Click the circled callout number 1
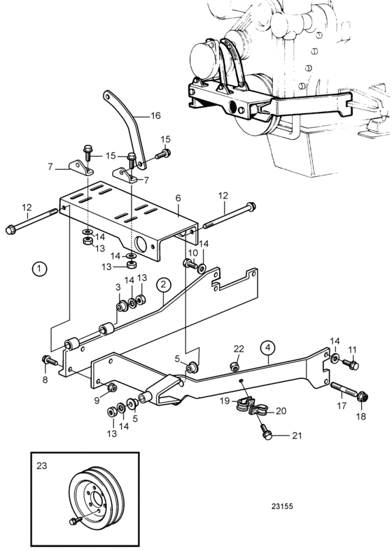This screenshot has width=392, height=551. click(39, 269)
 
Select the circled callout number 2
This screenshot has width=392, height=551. click(164, 285)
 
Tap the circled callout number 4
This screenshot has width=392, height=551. click(268, 348)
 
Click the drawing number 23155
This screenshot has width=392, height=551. click(282, 506)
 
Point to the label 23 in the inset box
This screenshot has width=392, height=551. click(41, 466)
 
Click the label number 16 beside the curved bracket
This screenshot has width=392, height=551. click(155, 115)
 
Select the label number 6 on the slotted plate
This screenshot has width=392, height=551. click(178, 198)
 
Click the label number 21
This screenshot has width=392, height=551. click(297, 436)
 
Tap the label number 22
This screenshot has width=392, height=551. click(239, 349)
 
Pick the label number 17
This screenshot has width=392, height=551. click(342, 406)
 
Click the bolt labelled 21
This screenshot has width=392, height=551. click(266, 432)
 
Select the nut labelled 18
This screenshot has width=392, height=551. click(362, 397)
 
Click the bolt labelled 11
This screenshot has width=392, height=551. click(351, 364)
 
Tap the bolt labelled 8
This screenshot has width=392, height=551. click(50, 360)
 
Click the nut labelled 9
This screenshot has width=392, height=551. click(112, 387)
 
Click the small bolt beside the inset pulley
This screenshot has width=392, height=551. click(76, 520)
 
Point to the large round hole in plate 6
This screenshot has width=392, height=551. click(141, 244)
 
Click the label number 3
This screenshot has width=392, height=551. click(118, 287)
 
